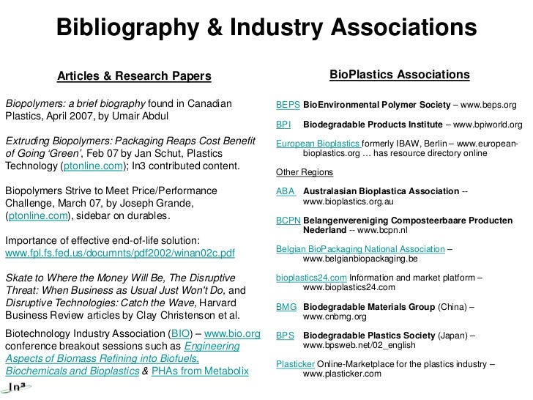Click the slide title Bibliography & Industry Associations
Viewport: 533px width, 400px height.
266,29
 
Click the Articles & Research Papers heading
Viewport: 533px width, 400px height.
134,76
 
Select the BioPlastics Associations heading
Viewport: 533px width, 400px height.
399,75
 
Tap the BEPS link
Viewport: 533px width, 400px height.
288,105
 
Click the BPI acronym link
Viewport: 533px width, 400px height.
283,125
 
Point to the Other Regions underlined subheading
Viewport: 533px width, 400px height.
304,172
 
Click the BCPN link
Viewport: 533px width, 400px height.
288,220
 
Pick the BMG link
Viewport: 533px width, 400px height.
286,307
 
